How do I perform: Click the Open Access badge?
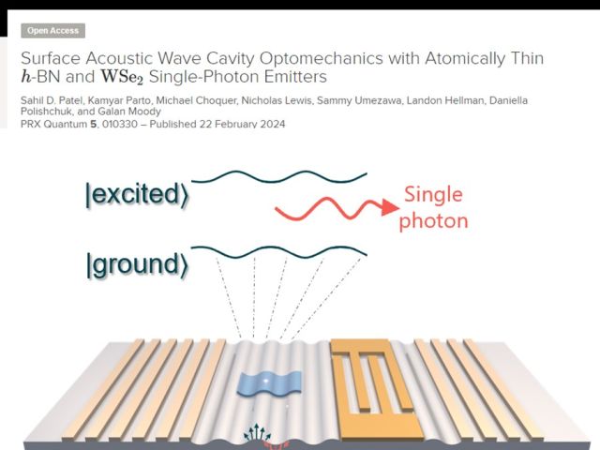52,31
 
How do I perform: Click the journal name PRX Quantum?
53,124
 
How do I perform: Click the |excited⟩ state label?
135,195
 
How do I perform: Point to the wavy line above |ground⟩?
279,252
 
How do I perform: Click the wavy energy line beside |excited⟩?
279,175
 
